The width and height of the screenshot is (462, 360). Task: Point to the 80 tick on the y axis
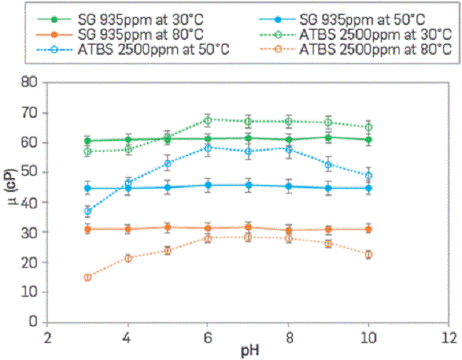(29, 82)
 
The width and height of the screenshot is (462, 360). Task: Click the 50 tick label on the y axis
(29, 172)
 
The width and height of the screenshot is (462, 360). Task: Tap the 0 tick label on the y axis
(33, 322)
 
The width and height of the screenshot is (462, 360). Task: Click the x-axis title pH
(247, 351)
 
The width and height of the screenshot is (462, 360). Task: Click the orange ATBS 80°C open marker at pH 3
(87, 277)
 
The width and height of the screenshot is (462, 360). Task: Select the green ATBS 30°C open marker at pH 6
(208, 120)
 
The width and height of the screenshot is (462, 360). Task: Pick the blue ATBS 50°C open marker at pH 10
(368, 176)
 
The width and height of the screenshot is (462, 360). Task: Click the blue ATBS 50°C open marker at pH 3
(87, 211)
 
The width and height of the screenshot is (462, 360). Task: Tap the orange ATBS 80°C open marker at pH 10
(368, 254)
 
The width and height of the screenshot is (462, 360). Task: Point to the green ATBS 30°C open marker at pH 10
(368, 127)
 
